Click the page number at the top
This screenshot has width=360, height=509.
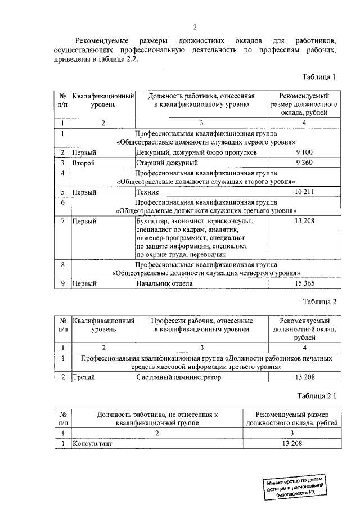pos(195,27)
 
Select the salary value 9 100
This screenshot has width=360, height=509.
pos(304,152)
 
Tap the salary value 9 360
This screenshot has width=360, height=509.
pos(304,163)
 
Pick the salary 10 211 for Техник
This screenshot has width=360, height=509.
pos(304,192)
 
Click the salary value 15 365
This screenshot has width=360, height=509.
pos(304,283)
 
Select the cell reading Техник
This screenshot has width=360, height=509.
pos(148,192)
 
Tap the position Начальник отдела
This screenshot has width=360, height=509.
pos(164,283)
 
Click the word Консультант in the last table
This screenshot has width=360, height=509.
pos(92,444)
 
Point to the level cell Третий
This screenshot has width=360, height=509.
pos(84,377)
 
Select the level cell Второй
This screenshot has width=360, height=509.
pos(83,163)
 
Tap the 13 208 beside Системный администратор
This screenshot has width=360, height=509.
pos(304,377)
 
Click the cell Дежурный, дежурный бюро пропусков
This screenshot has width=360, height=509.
pos(197,152)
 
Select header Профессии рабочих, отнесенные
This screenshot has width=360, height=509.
pos(201,320)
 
